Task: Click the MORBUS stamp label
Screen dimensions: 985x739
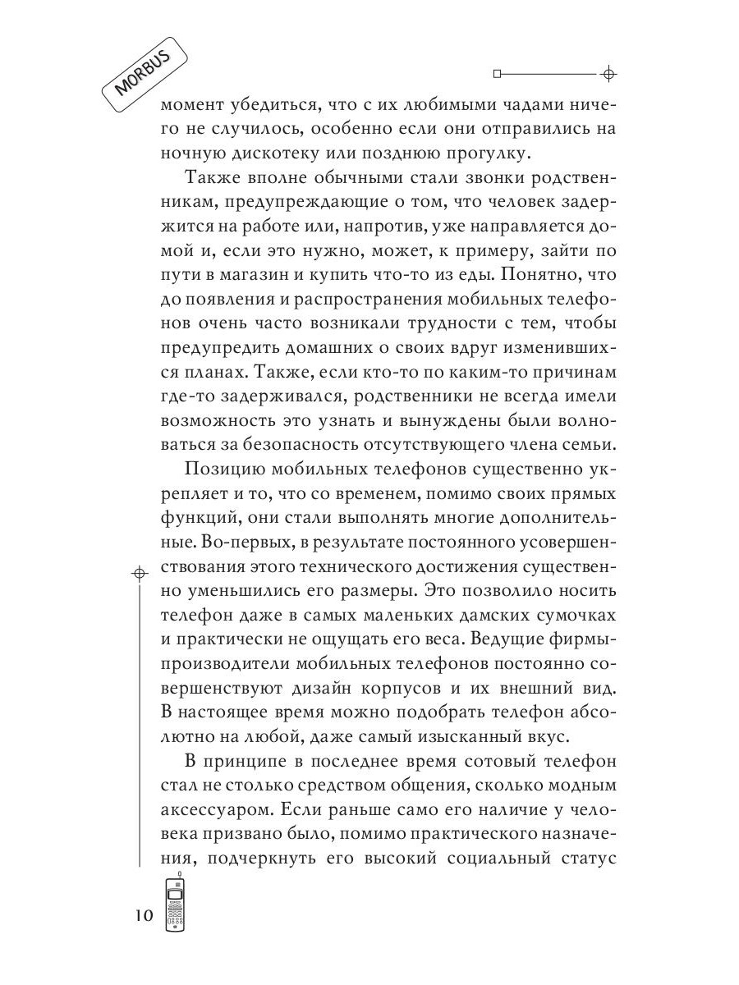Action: (x=145, y=75)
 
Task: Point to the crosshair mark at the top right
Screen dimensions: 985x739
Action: (x=608, y=74)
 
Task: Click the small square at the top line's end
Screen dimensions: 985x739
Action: (x=496, y=74)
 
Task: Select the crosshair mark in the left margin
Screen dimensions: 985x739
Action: (x=140, y=571)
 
